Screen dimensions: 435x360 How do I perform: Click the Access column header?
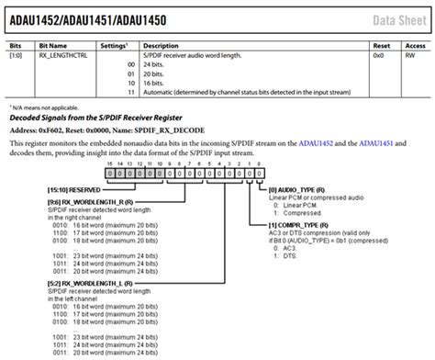(415, 45)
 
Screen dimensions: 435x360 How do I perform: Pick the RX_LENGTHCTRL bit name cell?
(61, 56)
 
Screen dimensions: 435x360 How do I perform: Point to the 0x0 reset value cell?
(377, 56)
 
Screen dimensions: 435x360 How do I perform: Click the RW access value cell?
(409, 56)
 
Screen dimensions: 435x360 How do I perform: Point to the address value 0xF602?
(52, 132)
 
